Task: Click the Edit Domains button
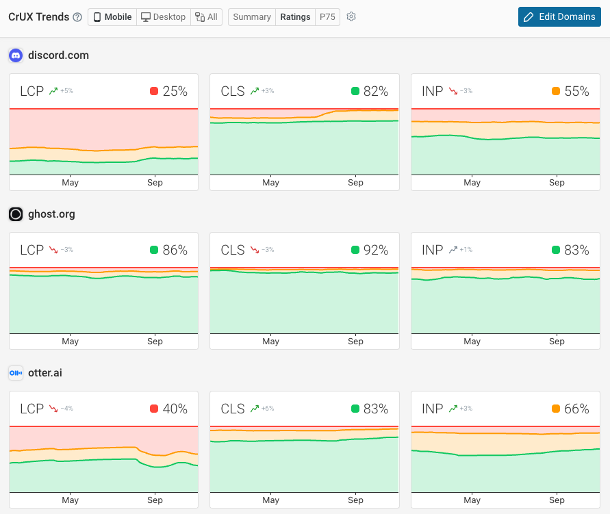coord(559,16)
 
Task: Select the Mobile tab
coord(112,16)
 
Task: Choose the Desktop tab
coord(163,16)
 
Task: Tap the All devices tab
coord(206,16)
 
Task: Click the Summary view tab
coord(251,16)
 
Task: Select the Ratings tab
coord(295,16)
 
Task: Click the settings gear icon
coord(351,16)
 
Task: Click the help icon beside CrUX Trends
coord(77,16)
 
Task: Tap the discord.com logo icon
coord(16,55)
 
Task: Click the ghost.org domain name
coord(51,214)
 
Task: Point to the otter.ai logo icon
coord(16,373)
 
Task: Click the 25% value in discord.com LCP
coord(175,91)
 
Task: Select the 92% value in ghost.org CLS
coord(376,250)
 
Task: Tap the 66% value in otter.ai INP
coord(576,409)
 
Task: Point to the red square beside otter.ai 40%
coord(154,409)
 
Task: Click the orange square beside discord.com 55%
coord(556,91)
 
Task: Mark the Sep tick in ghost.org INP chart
coord(557,342)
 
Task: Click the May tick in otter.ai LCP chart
coord(70,500)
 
